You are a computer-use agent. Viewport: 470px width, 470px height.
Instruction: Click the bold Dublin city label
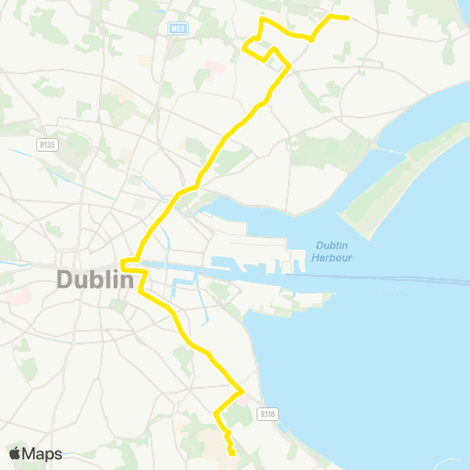(95, 279)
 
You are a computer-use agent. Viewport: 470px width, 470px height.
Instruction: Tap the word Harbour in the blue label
(334, 258)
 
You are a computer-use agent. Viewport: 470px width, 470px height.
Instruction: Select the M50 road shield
(178, 29)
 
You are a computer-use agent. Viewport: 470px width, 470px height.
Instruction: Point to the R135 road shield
(45, 144)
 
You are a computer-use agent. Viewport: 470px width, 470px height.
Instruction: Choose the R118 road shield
(266, 414)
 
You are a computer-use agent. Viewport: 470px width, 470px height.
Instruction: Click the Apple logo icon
(16, 453)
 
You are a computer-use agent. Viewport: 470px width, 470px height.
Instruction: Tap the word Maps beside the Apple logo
(43, 453)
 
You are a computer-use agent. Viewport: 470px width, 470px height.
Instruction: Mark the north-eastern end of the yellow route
(349, 17)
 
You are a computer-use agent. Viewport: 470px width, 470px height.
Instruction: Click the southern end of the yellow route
(232, 454)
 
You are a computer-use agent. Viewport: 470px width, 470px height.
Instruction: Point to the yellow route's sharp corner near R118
(242, 391)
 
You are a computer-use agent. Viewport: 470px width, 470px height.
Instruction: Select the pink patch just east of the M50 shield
(211, 70)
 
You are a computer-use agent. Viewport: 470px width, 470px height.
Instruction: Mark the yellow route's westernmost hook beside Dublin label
(122, 261)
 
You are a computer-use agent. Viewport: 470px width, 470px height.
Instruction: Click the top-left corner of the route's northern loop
(259, 20)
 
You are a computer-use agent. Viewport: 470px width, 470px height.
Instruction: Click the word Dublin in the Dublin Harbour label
(334, 245)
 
